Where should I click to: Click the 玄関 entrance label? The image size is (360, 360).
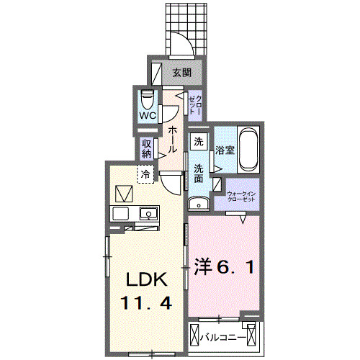click(x=181, y=73)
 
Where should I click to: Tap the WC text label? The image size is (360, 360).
click(x=148, y=114)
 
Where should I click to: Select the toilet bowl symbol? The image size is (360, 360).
click(x=147, y=97)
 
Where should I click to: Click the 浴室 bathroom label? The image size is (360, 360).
click(x=224, y=150)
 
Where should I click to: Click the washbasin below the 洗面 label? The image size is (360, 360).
click(x=195, y=203)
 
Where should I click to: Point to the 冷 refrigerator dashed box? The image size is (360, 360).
click(x=146, y=174)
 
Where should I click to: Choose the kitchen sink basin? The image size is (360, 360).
click(x=148, y=214)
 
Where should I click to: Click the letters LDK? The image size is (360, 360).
click(x=147, y=278)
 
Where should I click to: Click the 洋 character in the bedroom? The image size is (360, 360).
click(x=204, y=267)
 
